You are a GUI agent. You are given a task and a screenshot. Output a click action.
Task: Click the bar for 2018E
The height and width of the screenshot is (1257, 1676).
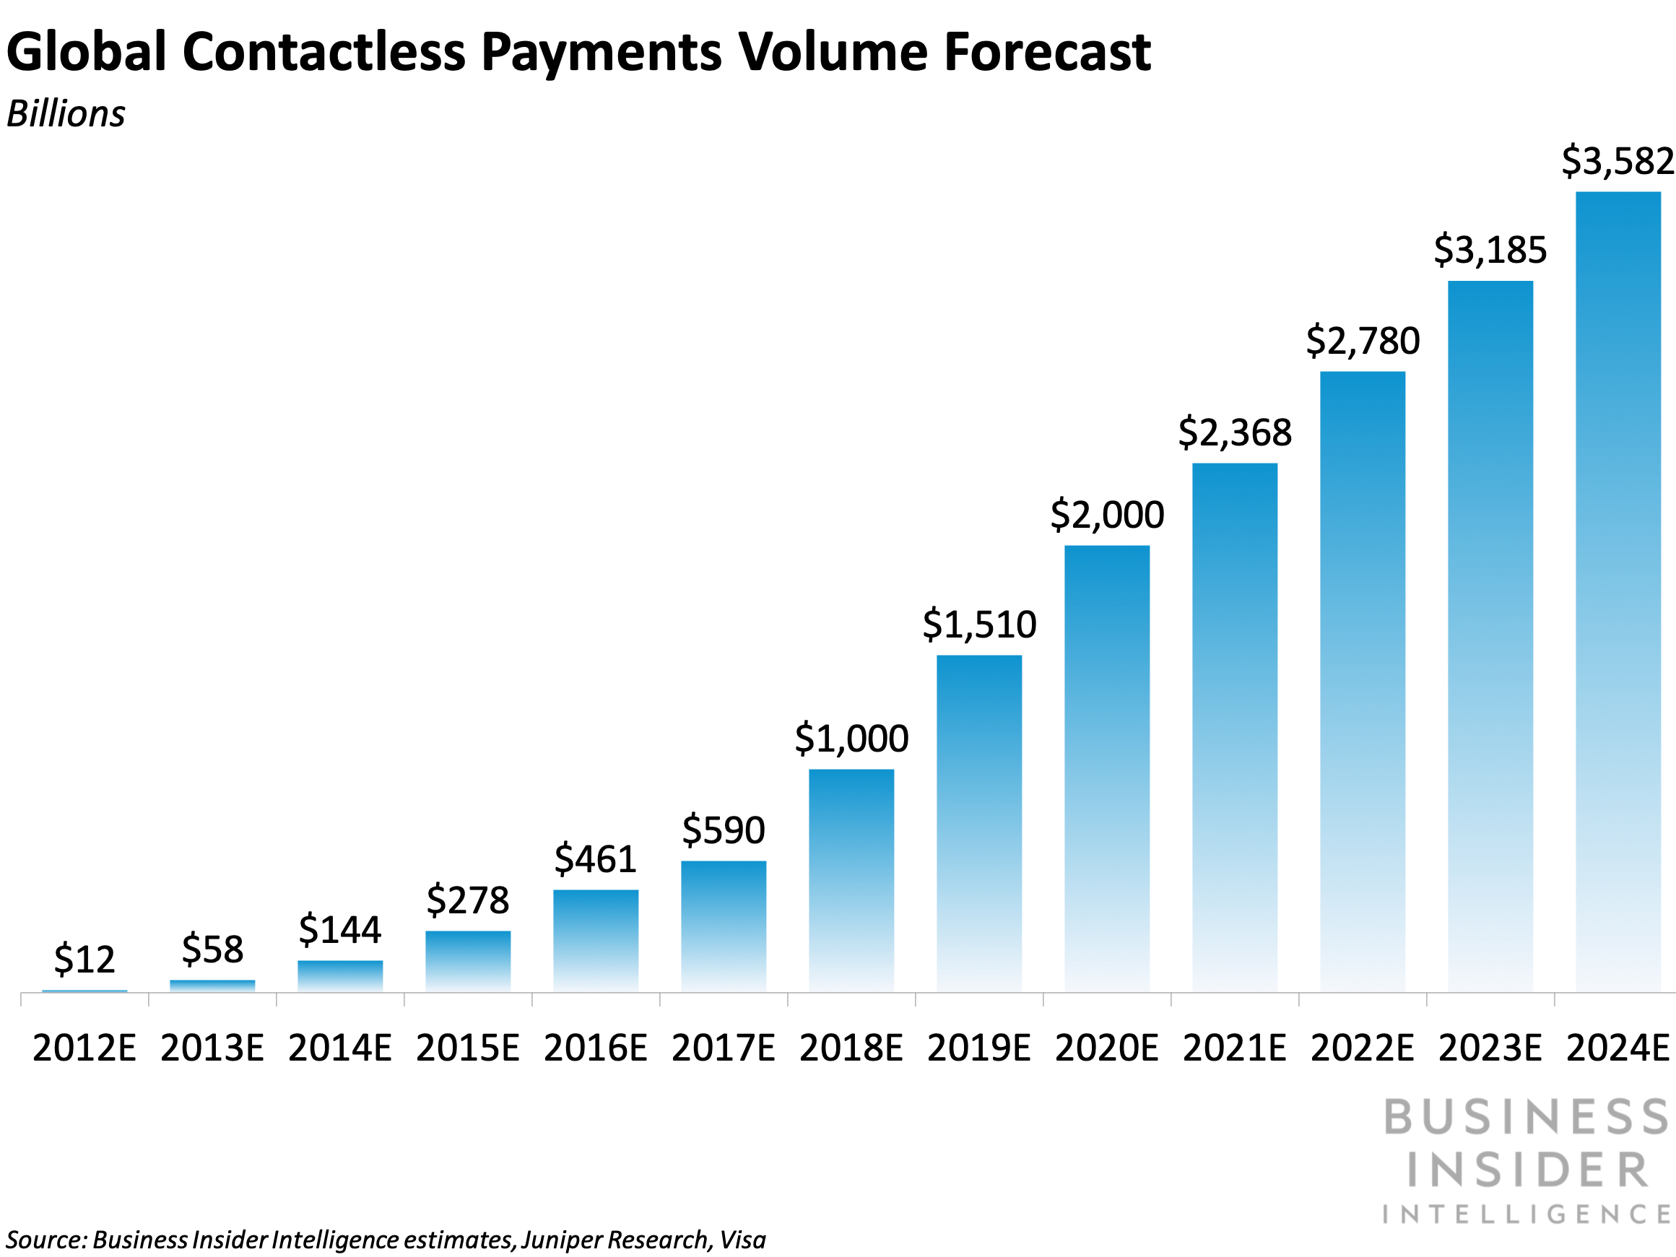coord(851,880)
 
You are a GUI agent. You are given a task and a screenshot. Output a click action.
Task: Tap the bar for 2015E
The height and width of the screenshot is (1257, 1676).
coord(467,961)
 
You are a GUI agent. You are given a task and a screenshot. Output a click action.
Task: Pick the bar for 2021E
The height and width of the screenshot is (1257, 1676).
coord(1234,727)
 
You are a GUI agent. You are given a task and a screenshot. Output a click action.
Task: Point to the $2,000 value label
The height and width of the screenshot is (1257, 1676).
coord(1107,516)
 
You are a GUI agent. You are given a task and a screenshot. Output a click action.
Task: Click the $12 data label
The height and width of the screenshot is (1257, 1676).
coord(84,960)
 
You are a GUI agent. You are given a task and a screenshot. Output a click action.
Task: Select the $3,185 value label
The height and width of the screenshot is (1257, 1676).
coord(1490,250)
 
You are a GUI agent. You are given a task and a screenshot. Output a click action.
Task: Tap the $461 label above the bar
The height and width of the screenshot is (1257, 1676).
coord(595,859)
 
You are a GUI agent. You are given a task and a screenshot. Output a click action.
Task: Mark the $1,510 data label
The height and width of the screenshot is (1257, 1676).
coord(979,625)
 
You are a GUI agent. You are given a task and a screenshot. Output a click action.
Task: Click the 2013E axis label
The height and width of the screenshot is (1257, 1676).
coord(212,1048)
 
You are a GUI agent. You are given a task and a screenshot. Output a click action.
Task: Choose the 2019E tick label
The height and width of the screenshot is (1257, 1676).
coord(979,1048)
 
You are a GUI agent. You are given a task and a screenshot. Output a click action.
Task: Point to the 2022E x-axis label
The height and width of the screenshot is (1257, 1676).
coord(1363,1048)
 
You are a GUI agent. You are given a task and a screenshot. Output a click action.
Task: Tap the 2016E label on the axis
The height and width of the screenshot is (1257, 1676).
coord(596,1048)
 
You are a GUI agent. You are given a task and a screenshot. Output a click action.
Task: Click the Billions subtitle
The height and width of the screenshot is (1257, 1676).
coord(66,114)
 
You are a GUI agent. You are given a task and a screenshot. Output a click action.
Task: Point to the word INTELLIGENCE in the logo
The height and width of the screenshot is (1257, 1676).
coord(1527,1214)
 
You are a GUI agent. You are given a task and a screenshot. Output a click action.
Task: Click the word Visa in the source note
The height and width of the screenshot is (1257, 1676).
coord(742,1240)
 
